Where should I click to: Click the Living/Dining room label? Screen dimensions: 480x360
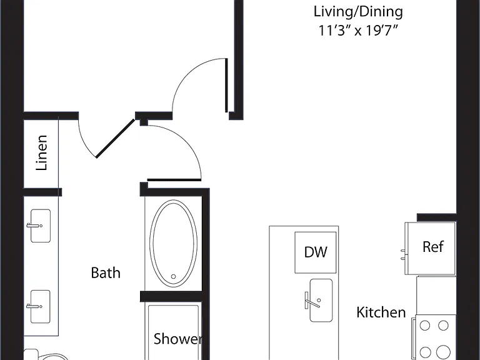358,12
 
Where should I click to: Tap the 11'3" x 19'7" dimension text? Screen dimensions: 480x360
358,31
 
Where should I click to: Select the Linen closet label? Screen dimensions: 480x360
42,152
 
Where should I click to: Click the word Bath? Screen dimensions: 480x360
106,272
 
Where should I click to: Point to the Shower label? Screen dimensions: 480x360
177,339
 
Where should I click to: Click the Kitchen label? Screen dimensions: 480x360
381,312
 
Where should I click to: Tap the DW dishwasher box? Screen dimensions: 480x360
316,252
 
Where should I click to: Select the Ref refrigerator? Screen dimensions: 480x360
431,248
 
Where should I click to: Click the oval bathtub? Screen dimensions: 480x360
173,244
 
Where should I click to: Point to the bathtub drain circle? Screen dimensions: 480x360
173,276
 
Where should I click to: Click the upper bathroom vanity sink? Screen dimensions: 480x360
41,226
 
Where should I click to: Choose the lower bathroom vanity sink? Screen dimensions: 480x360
41,306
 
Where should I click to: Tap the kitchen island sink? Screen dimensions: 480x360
321,300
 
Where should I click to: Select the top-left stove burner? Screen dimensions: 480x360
425,326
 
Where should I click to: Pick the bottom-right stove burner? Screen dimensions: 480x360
443,351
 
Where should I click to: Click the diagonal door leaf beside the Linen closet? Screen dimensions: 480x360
115,138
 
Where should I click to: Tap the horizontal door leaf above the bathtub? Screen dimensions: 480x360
174,180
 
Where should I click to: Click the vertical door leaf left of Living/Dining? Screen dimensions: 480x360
226,85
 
